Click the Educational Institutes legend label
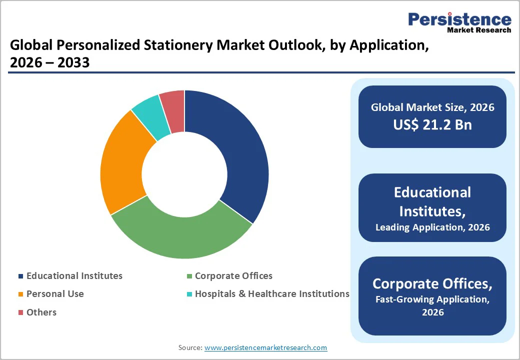tap(74, 276)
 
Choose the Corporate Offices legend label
tap(233, 276)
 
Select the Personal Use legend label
tap(55, 294)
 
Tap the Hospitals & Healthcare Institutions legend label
tap(272, 294)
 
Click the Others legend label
tap(41, 312)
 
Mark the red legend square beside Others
tap(20, 313)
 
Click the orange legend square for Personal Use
tap(20, 294)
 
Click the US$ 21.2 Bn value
tap(432, 125)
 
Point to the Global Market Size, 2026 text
tap(432, 107)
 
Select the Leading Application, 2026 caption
tap(432, 227)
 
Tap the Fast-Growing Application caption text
tap(432, 300)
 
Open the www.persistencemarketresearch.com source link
tap(265, 347)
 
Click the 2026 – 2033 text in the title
tap(49, 62)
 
